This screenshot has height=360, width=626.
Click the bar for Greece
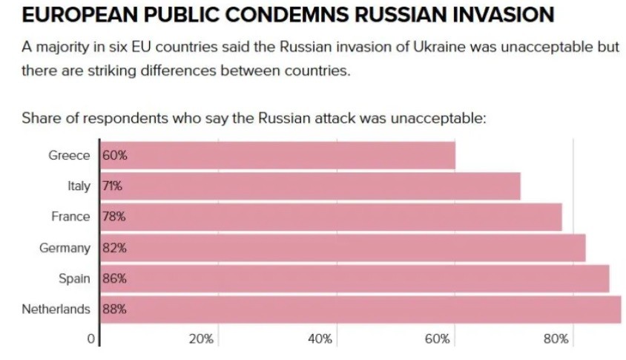277,156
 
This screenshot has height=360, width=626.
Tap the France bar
331,217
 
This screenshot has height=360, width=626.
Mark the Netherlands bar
360,310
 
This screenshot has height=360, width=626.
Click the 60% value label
114,156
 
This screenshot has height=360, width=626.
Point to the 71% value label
112,186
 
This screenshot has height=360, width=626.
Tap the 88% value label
114,310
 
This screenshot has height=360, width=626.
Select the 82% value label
114,248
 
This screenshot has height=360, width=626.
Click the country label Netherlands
56,310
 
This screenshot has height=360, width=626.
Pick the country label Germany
65,248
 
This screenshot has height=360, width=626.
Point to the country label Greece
69,156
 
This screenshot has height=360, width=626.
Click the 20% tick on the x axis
201,339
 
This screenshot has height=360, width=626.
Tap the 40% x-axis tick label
320,339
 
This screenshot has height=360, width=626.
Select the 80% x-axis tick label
556,339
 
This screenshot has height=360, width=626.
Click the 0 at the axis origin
91,339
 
